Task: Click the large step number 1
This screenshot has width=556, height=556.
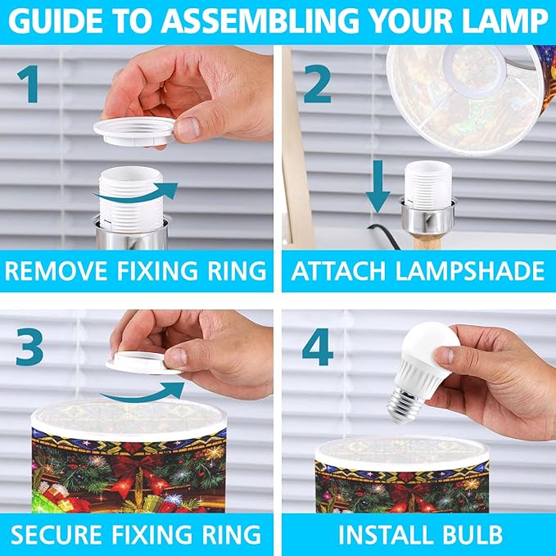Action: (29, 84)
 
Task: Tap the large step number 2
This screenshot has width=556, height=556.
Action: (318, 84)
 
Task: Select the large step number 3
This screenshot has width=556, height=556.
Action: (29, 346)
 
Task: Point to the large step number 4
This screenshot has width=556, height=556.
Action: (318, 346)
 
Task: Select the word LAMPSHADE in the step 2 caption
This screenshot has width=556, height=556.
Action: (469, 271)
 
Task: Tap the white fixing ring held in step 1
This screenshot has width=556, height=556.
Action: (134, 131)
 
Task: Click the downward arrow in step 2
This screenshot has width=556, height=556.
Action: (378, 186)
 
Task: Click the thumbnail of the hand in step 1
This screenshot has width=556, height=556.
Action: (188, 129)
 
